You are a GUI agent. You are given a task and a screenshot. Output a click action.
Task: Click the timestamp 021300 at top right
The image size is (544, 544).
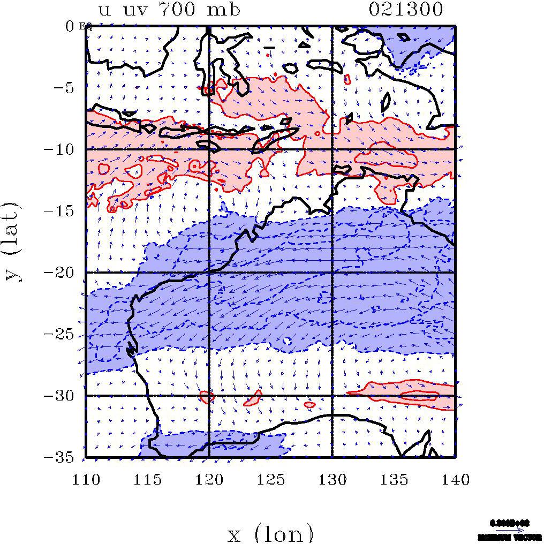coord(406,9)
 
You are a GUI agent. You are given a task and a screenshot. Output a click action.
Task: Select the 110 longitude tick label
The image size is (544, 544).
coord(86,479)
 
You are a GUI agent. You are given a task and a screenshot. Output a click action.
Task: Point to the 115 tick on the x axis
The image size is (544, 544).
coord(148,479)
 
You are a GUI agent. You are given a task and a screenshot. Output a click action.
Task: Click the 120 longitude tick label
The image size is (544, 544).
coord(209,479)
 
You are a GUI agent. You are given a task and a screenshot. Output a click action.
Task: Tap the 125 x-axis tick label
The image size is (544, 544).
coord(271,479)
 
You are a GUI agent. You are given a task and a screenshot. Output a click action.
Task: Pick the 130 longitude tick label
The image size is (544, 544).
coord(333,479)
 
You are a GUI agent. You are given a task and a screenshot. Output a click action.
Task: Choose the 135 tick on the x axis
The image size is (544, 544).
coord(394,479)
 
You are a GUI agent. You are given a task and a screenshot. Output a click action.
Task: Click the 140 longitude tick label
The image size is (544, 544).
coord(455,479)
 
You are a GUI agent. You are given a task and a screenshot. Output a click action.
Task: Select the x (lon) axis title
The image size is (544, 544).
coord(270,533)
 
